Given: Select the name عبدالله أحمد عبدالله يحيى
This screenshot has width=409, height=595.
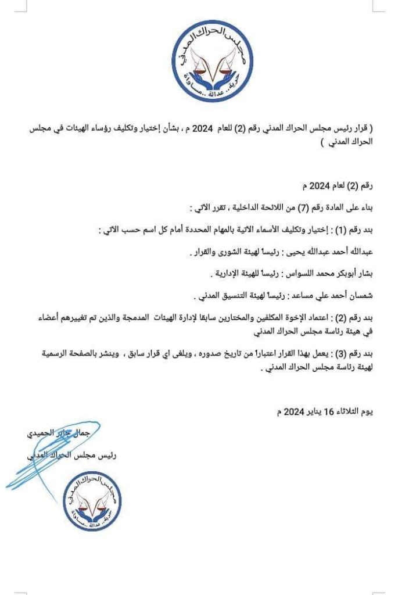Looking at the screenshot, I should pyautogui.click(x=332, y=253).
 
